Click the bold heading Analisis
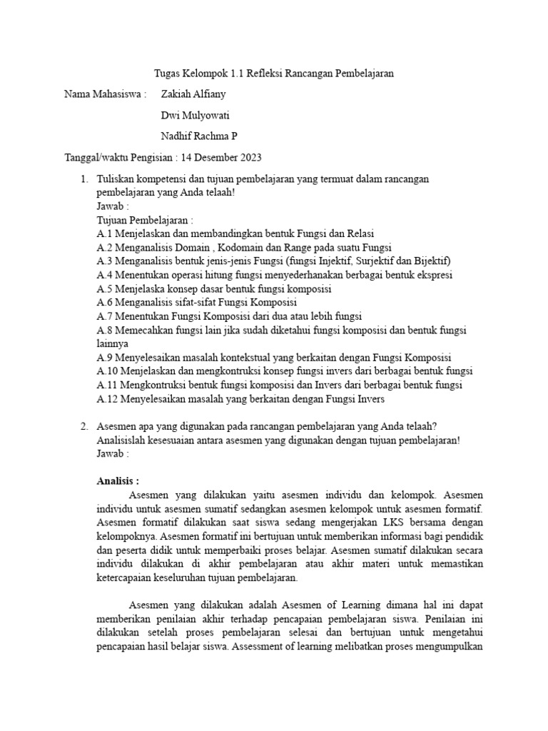tap(118, 480)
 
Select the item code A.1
tap(104, 233)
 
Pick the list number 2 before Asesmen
tap(84, 426)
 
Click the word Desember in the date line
tap(217, 156)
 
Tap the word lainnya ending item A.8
tap(113, 343)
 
